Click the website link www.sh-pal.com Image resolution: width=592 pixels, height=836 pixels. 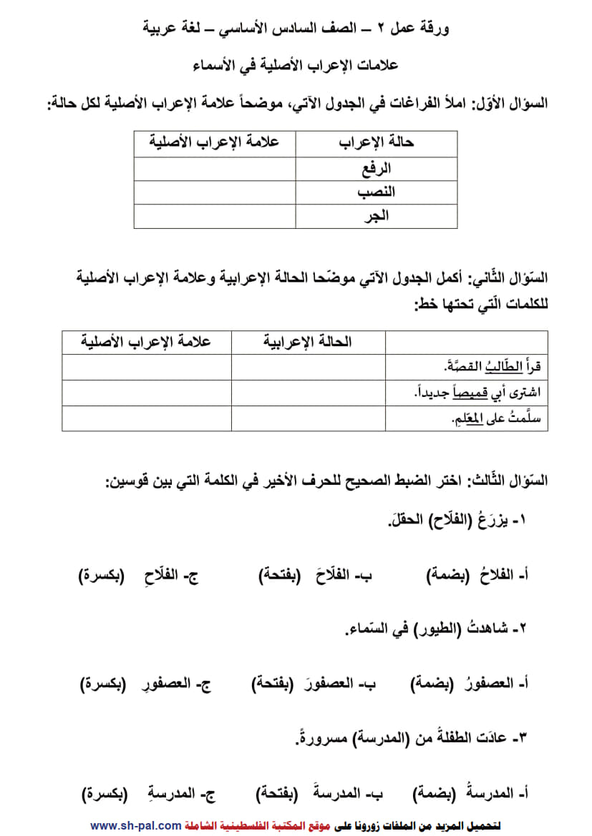point(136,825)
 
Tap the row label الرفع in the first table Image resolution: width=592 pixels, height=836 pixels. point(376,169)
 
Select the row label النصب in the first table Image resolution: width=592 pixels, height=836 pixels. point(376,192)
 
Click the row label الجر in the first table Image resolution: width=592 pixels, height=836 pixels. point(376,216)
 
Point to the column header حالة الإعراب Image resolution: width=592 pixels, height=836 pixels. point(376,142)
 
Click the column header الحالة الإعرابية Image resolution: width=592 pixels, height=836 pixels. point(308,343)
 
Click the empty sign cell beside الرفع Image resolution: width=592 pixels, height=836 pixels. point(215,169)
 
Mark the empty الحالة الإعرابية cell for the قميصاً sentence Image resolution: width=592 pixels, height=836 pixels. point(308,393)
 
